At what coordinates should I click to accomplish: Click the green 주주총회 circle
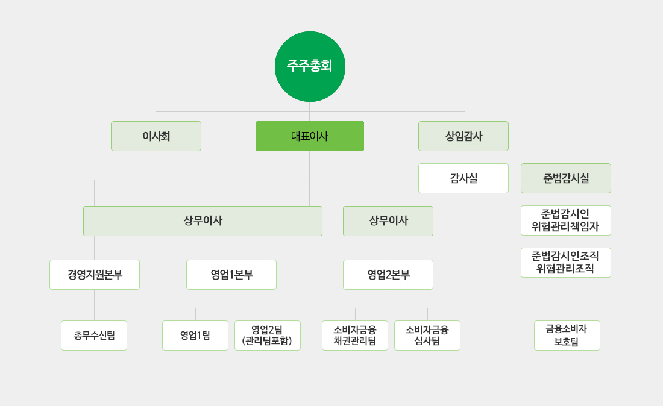(x=310, y=66)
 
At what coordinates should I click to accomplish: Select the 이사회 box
(x=156, y=136)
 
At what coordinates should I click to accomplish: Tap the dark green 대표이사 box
(x=310, y=136)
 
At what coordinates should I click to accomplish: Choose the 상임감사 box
(x=463, y=136)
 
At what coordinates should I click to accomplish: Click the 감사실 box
(x=463, y=178)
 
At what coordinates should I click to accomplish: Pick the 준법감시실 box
(x=566, y=178)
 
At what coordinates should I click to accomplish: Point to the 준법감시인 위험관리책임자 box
(x=566, y=220)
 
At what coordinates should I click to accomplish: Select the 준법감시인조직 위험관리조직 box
(x=566, y=263)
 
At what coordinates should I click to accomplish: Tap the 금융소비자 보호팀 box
(x=567, y=336)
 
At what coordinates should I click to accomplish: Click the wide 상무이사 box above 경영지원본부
(x=203, y=221)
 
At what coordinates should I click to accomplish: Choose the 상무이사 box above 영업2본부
(x=388, y=221)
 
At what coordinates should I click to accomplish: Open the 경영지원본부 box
(x=95, y=275)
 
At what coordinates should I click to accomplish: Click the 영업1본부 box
(x=231, y=275)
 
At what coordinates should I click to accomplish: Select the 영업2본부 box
(x=388, y=275)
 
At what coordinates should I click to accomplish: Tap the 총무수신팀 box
(x=94, y=336)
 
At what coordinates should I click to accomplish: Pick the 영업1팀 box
(x=195, y=336)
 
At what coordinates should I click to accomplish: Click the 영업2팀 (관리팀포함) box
(x=268, y=336)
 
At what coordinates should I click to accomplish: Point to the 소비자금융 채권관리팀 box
(x=355, y=336)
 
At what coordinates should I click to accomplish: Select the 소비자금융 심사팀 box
(x=427, y=336)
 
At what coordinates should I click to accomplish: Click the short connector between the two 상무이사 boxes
(x=333, y=220)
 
